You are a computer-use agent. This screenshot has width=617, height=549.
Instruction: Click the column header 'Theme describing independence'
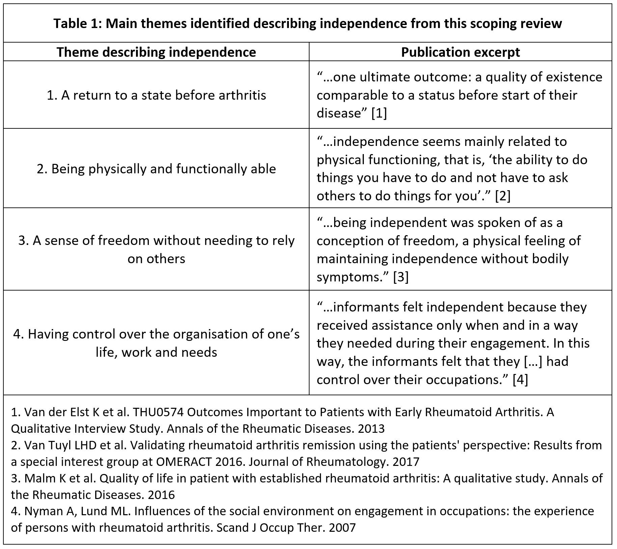coord(156,52)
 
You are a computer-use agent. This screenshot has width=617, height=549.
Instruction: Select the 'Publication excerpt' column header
coord(460,52)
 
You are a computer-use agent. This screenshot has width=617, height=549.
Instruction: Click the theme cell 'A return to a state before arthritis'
coord(156,95)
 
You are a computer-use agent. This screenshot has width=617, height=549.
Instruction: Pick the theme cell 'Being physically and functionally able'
coord(156,169)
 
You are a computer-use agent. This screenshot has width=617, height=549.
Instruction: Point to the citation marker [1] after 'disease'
coord(379,113)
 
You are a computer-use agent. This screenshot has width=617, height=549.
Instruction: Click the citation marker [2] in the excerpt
coord(503,196)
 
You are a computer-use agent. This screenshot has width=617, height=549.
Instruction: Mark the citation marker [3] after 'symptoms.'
coord(401,277)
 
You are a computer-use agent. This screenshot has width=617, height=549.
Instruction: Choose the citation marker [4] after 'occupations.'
coord(520,379)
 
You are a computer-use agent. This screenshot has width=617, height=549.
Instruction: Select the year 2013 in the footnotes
coord(371,429)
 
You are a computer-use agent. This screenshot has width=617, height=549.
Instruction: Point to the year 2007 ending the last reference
coord(342,527)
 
